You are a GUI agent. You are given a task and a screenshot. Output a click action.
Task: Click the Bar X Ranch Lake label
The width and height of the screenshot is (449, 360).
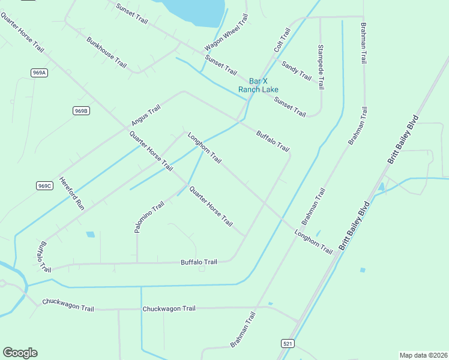pos(258,85)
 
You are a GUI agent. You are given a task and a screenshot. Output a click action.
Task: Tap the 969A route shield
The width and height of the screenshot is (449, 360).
pos(40,73)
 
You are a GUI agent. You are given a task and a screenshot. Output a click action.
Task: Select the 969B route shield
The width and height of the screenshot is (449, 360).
pos(82,110)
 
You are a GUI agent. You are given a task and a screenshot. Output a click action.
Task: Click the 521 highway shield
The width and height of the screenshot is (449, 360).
pos(287,343)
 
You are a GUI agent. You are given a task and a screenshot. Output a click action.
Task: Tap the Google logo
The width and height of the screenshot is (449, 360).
pos(20,353)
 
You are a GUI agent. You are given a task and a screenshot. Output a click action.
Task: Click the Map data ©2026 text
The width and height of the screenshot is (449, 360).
pos(423,355)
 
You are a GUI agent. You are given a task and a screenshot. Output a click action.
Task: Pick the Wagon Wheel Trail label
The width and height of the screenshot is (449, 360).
pos(226,33)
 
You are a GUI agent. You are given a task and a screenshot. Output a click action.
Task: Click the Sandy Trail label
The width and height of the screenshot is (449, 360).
pos(297,71)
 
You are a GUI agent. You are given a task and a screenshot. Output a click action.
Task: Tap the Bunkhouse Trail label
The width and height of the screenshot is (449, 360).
pos(107,52)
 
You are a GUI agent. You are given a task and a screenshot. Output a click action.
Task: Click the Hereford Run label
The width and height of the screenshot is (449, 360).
pos(72,194)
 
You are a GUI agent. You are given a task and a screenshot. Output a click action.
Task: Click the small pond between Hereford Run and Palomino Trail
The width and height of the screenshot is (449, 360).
pos(90,234)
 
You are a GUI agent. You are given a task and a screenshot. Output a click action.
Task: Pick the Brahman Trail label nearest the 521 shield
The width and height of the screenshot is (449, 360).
pos(243,329)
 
